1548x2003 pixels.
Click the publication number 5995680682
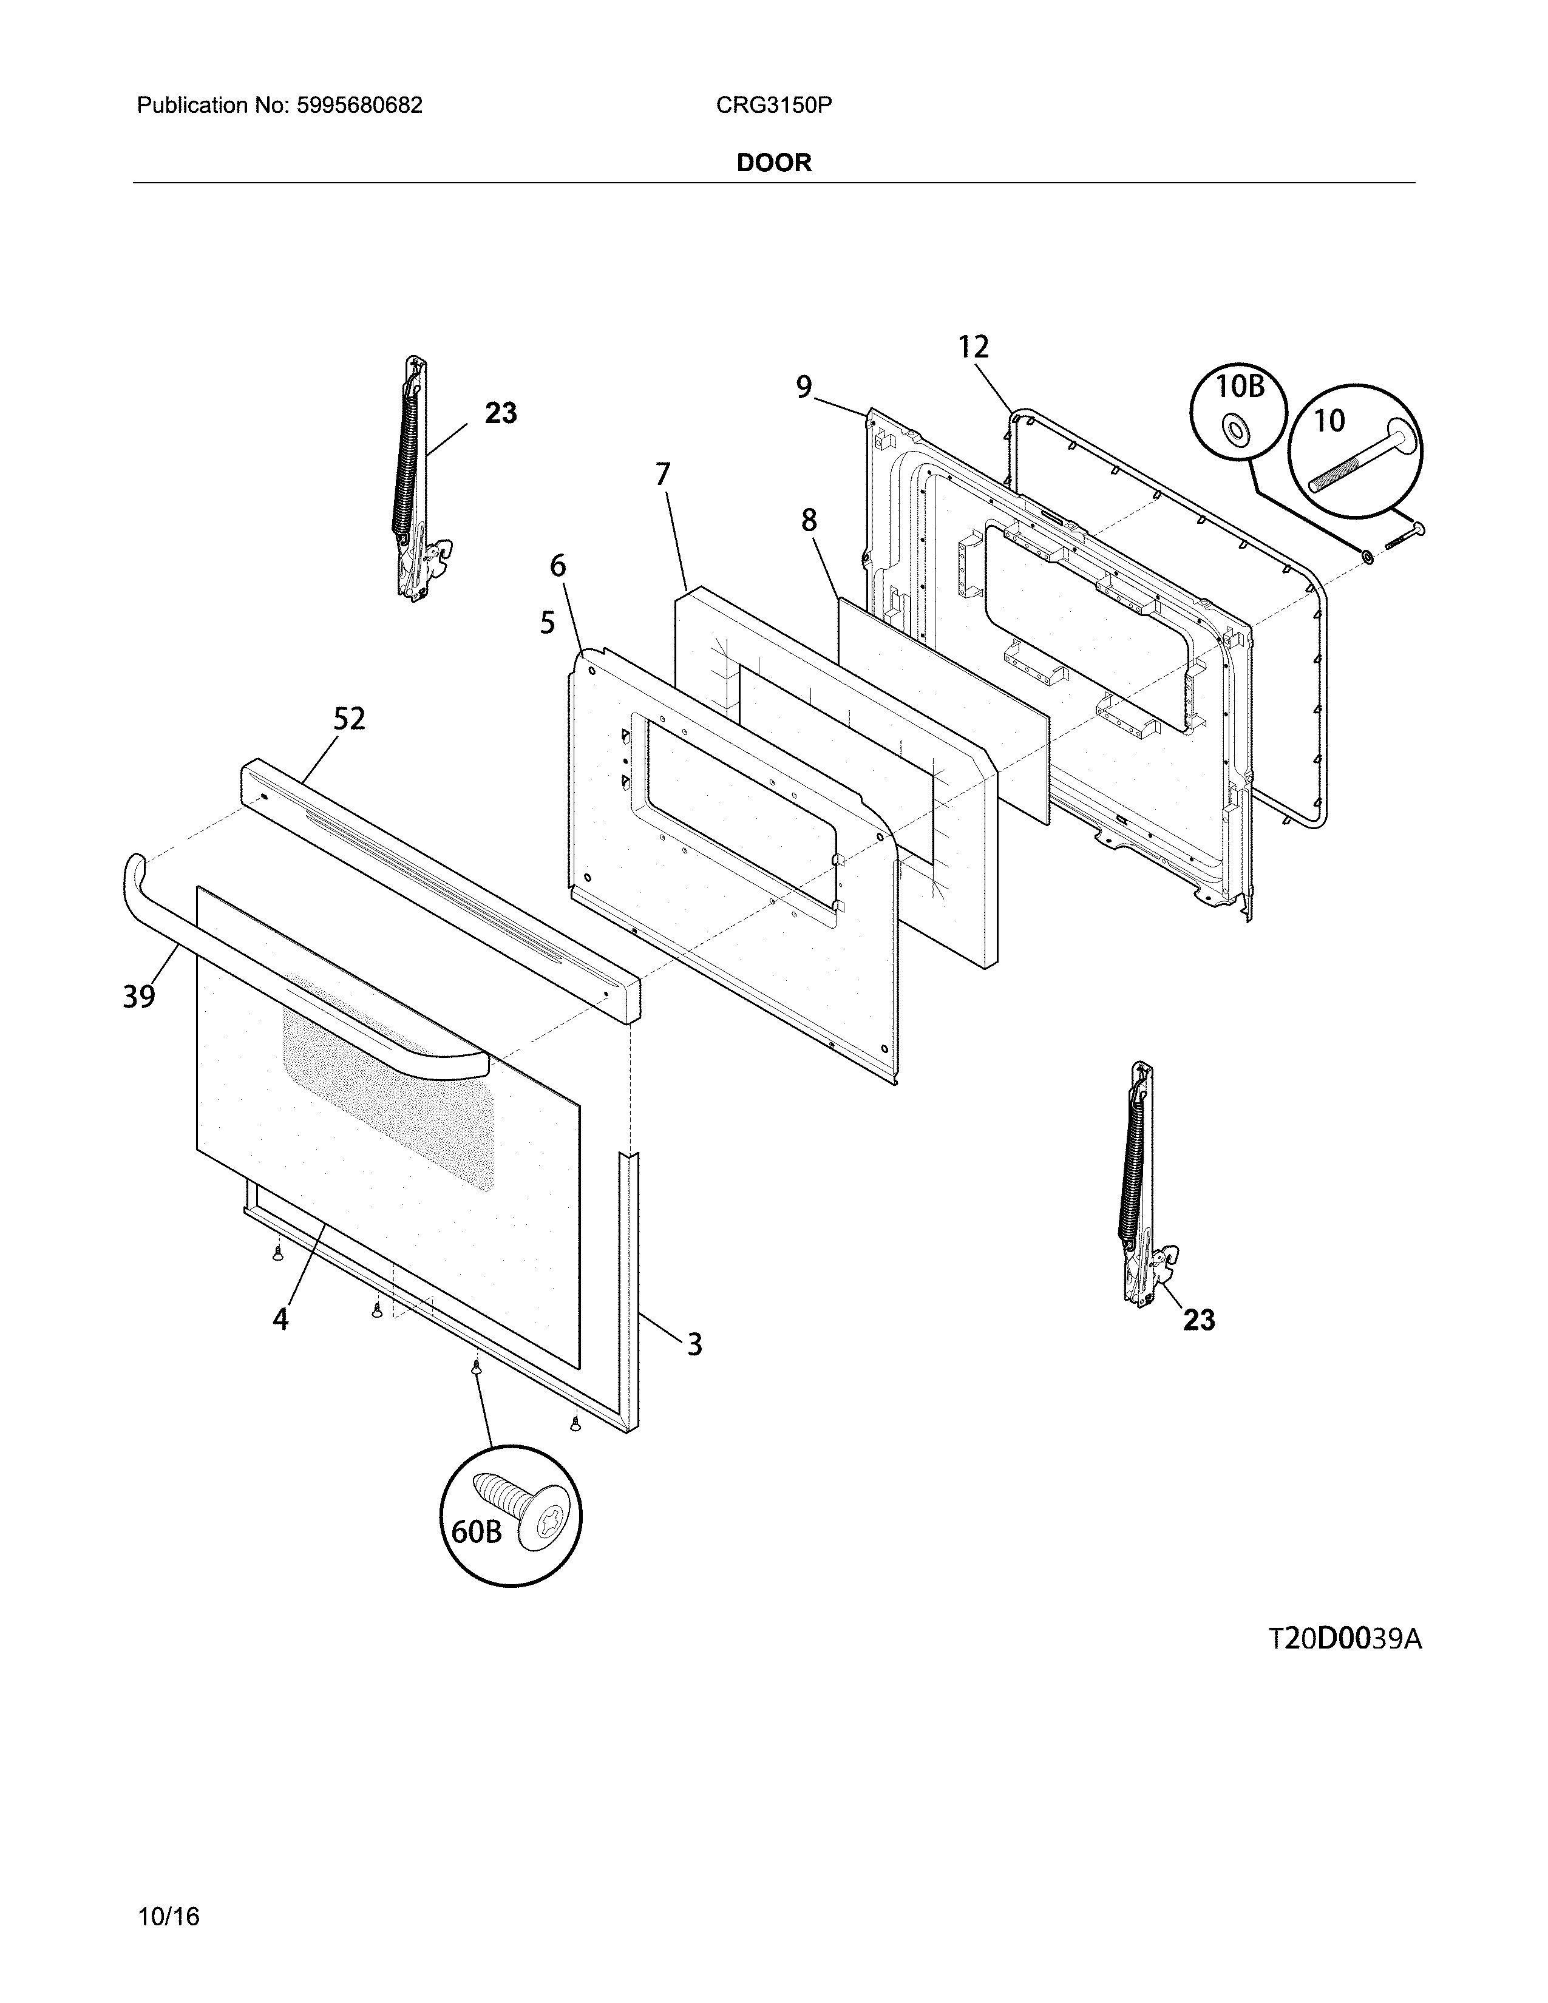point(359,106)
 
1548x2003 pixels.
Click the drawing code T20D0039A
point(1345,1639)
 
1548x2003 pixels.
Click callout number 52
point(348,719)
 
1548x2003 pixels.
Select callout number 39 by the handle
point(140,996)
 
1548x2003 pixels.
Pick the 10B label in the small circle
point(1240,387)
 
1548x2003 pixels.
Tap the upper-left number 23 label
point(501,413)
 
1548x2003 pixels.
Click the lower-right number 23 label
point(1198,1320)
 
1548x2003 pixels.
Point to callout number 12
point(974,348)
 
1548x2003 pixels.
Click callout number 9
point(803,388)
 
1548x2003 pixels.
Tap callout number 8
point(808,521)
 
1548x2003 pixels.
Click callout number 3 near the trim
point(694,1344)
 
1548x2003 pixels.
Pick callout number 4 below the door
point(280,1319)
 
